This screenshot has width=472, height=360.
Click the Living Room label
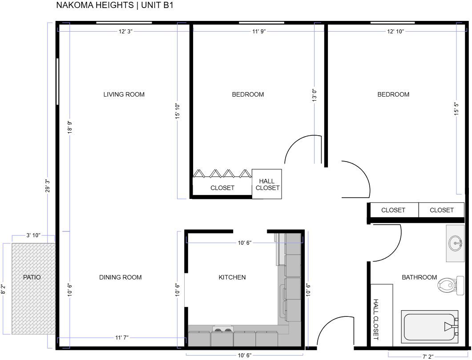[x=124, y=94]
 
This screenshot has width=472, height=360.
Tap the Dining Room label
[x=120, y=277]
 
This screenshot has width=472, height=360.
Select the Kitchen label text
[x=232, y=277]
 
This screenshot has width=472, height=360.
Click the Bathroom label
[x=419, y=277]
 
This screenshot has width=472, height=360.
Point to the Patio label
[x=32, y=277]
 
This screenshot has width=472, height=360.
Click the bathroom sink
[x=455, y=243]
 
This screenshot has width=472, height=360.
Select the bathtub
[x=430, y=327]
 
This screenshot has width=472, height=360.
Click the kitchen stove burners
[x=223, y=329]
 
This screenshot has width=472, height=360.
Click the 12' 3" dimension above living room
[x=125, y=31]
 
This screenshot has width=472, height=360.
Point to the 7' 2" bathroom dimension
[x=428, y=357]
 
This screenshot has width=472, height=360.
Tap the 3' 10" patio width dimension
[x=33, y=235]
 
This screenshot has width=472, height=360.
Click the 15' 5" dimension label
[x=456, y=109]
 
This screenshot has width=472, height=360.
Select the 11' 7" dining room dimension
[x=121, y=337]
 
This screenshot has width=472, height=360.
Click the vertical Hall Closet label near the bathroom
[x=375, y=320]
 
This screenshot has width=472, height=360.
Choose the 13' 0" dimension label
[x=314, y=95]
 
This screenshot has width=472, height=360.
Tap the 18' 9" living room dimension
[x=70, y=127]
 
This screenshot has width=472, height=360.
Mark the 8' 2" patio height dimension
[x=3, y=289]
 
